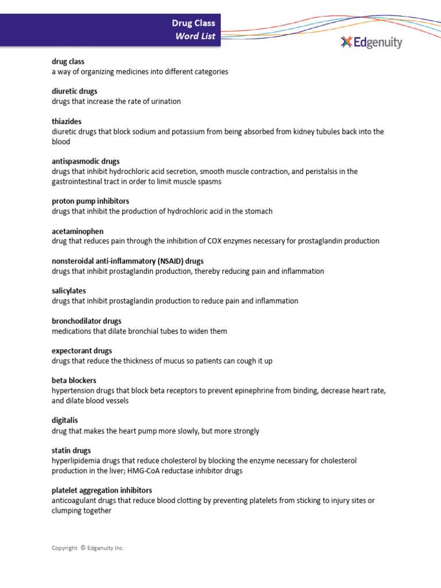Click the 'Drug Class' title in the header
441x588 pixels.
194,23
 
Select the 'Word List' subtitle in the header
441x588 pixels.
195,36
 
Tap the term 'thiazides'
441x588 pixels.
67,121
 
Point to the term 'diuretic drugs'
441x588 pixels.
75,91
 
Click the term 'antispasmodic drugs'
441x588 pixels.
86,161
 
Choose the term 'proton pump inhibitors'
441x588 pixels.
90,201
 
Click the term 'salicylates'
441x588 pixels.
69,291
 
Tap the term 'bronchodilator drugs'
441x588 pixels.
87,321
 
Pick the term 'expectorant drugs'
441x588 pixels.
82,351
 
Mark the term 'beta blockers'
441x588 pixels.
74,381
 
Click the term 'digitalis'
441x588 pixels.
64,420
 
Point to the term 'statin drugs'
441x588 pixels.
71,451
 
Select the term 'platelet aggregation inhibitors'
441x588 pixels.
102,490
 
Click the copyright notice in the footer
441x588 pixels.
88,548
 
